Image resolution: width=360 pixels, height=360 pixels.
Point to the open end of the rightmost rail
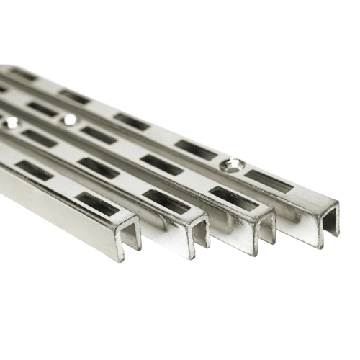coord(328,220)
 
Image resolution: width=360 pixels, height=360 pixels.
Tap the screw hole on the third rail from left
coord(70,120)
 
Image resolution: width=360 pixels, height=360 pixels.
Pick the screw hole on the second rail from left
coord(10,123)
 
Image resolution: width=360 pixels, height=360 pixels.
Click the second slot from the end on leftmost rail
coord(35,171)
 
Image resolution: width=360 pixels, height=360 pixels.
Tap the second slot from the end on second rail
coord(100,168)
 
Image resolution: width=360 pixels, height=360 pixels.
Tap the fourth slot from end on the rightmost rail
coord(75,96)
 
